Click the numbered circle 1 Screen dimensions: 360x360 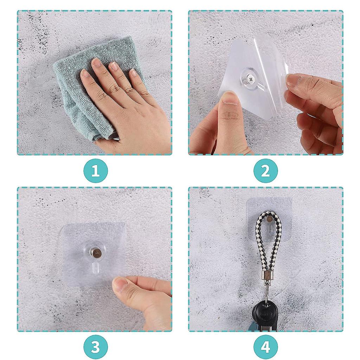[x=96, y=171]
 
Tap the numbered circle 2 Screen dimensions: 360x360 [x=266, y=171]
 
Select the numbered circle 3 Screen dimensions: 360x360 [x=96, y=347]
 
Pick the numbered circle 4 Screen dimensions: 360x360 [x=266, y=347]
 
